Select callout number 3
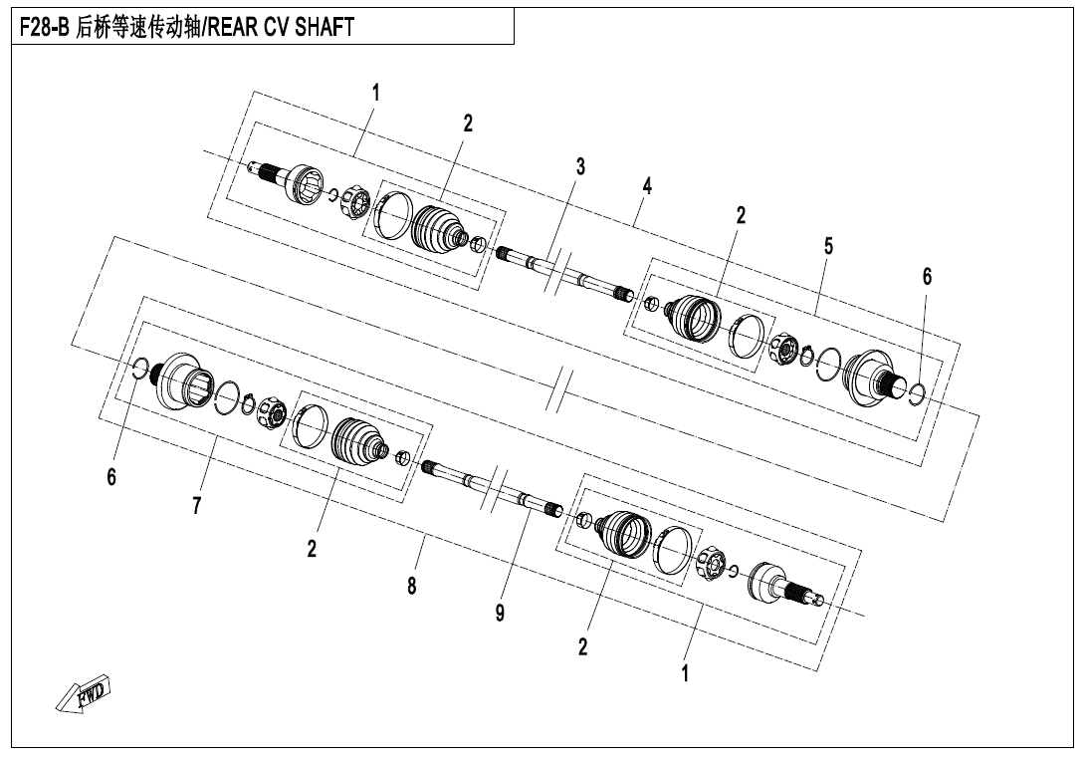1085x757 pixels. click(580, 166)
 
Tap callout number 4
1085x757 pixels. click(647, 185)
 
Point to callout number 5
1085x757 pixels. click(828, 246)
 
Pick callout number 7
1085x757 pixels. click(197, 506)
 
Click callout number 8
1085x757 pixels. click(412, 586)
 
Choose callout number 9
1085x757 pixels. click(500, 613)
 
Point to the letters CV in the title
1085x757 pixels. click(276, 27)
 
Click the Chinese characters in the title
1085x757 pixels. click(136, 27)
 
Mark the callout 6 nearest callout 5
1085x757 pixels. click(928, 276)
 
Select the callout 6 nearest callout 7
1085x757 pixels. click(111, 476)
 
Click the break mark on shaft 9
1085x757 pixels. click(496, 489)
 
